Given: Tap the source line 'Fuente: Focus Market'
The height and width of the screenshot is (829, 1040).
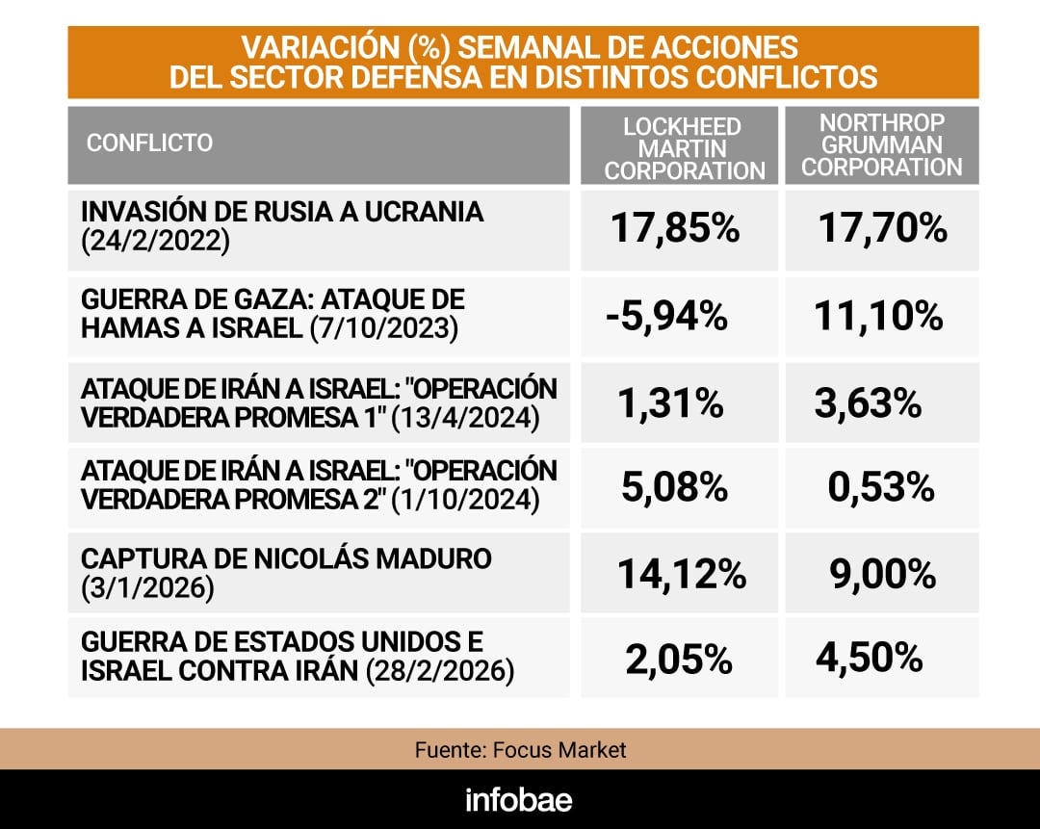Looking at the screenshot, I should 520,749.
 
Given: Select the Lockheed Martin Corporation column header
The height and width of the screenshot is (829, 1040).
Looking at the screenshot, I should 685,148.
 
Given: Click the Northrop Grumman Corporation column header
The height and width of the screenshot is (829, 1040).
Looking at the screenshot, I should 881,145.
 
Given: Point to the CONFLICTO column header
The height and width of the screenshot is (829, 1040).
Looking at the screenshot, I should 149,143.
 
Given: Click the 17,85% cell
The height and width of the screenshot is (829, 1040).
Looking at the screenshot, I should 675,229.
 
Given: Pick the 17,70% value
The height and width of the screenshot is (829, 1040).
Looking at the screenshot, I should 882,229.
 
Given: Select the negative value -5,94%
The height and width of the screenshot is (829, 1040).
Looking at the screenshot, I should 666,315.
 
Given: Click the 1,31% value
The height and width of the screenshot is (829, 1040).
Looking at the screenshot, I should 672,403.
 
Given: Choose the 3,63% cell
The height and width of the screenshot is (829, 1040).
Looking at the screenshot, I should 868,403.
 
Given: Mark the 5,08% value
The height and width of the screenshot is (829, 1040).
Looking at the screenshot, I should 675,488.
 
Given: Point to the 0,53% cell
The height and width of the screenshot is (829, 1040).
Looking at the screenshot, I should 881,488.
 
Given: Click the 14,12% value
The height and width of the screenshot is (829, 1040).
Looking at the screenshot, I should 681,575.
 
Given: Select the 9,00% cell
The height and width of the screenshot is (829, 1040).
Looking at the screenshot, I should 882,575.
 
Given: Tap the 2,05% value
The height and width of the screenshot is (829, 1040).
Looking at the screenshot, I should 678,660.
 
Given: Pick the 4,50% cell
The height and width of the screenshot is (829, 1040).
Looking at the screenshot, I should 869,660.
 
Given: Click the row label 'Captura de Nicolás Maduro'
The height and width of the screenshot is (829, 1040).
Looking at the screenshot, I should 287,559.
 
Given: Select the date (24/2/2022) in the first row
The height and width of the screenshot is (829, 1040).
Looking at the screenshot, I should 156,241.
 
